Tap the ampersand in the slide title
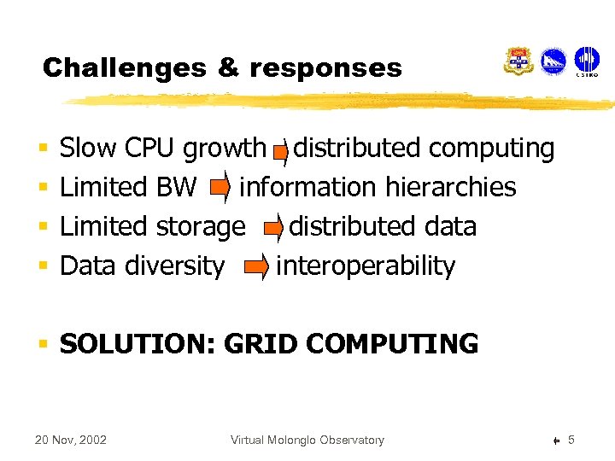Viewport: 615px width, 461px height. [228, 68]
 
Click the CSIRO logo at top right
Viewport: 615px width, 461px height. [587, 61]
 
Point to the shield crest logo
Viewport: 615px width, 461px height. [518, 61]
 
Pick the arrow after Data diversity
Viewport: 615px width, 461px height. [256, 267]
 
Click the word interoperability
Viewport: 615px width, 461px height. [366, 266]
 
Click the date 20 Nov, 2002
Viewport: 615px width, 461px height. [70, 441]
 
